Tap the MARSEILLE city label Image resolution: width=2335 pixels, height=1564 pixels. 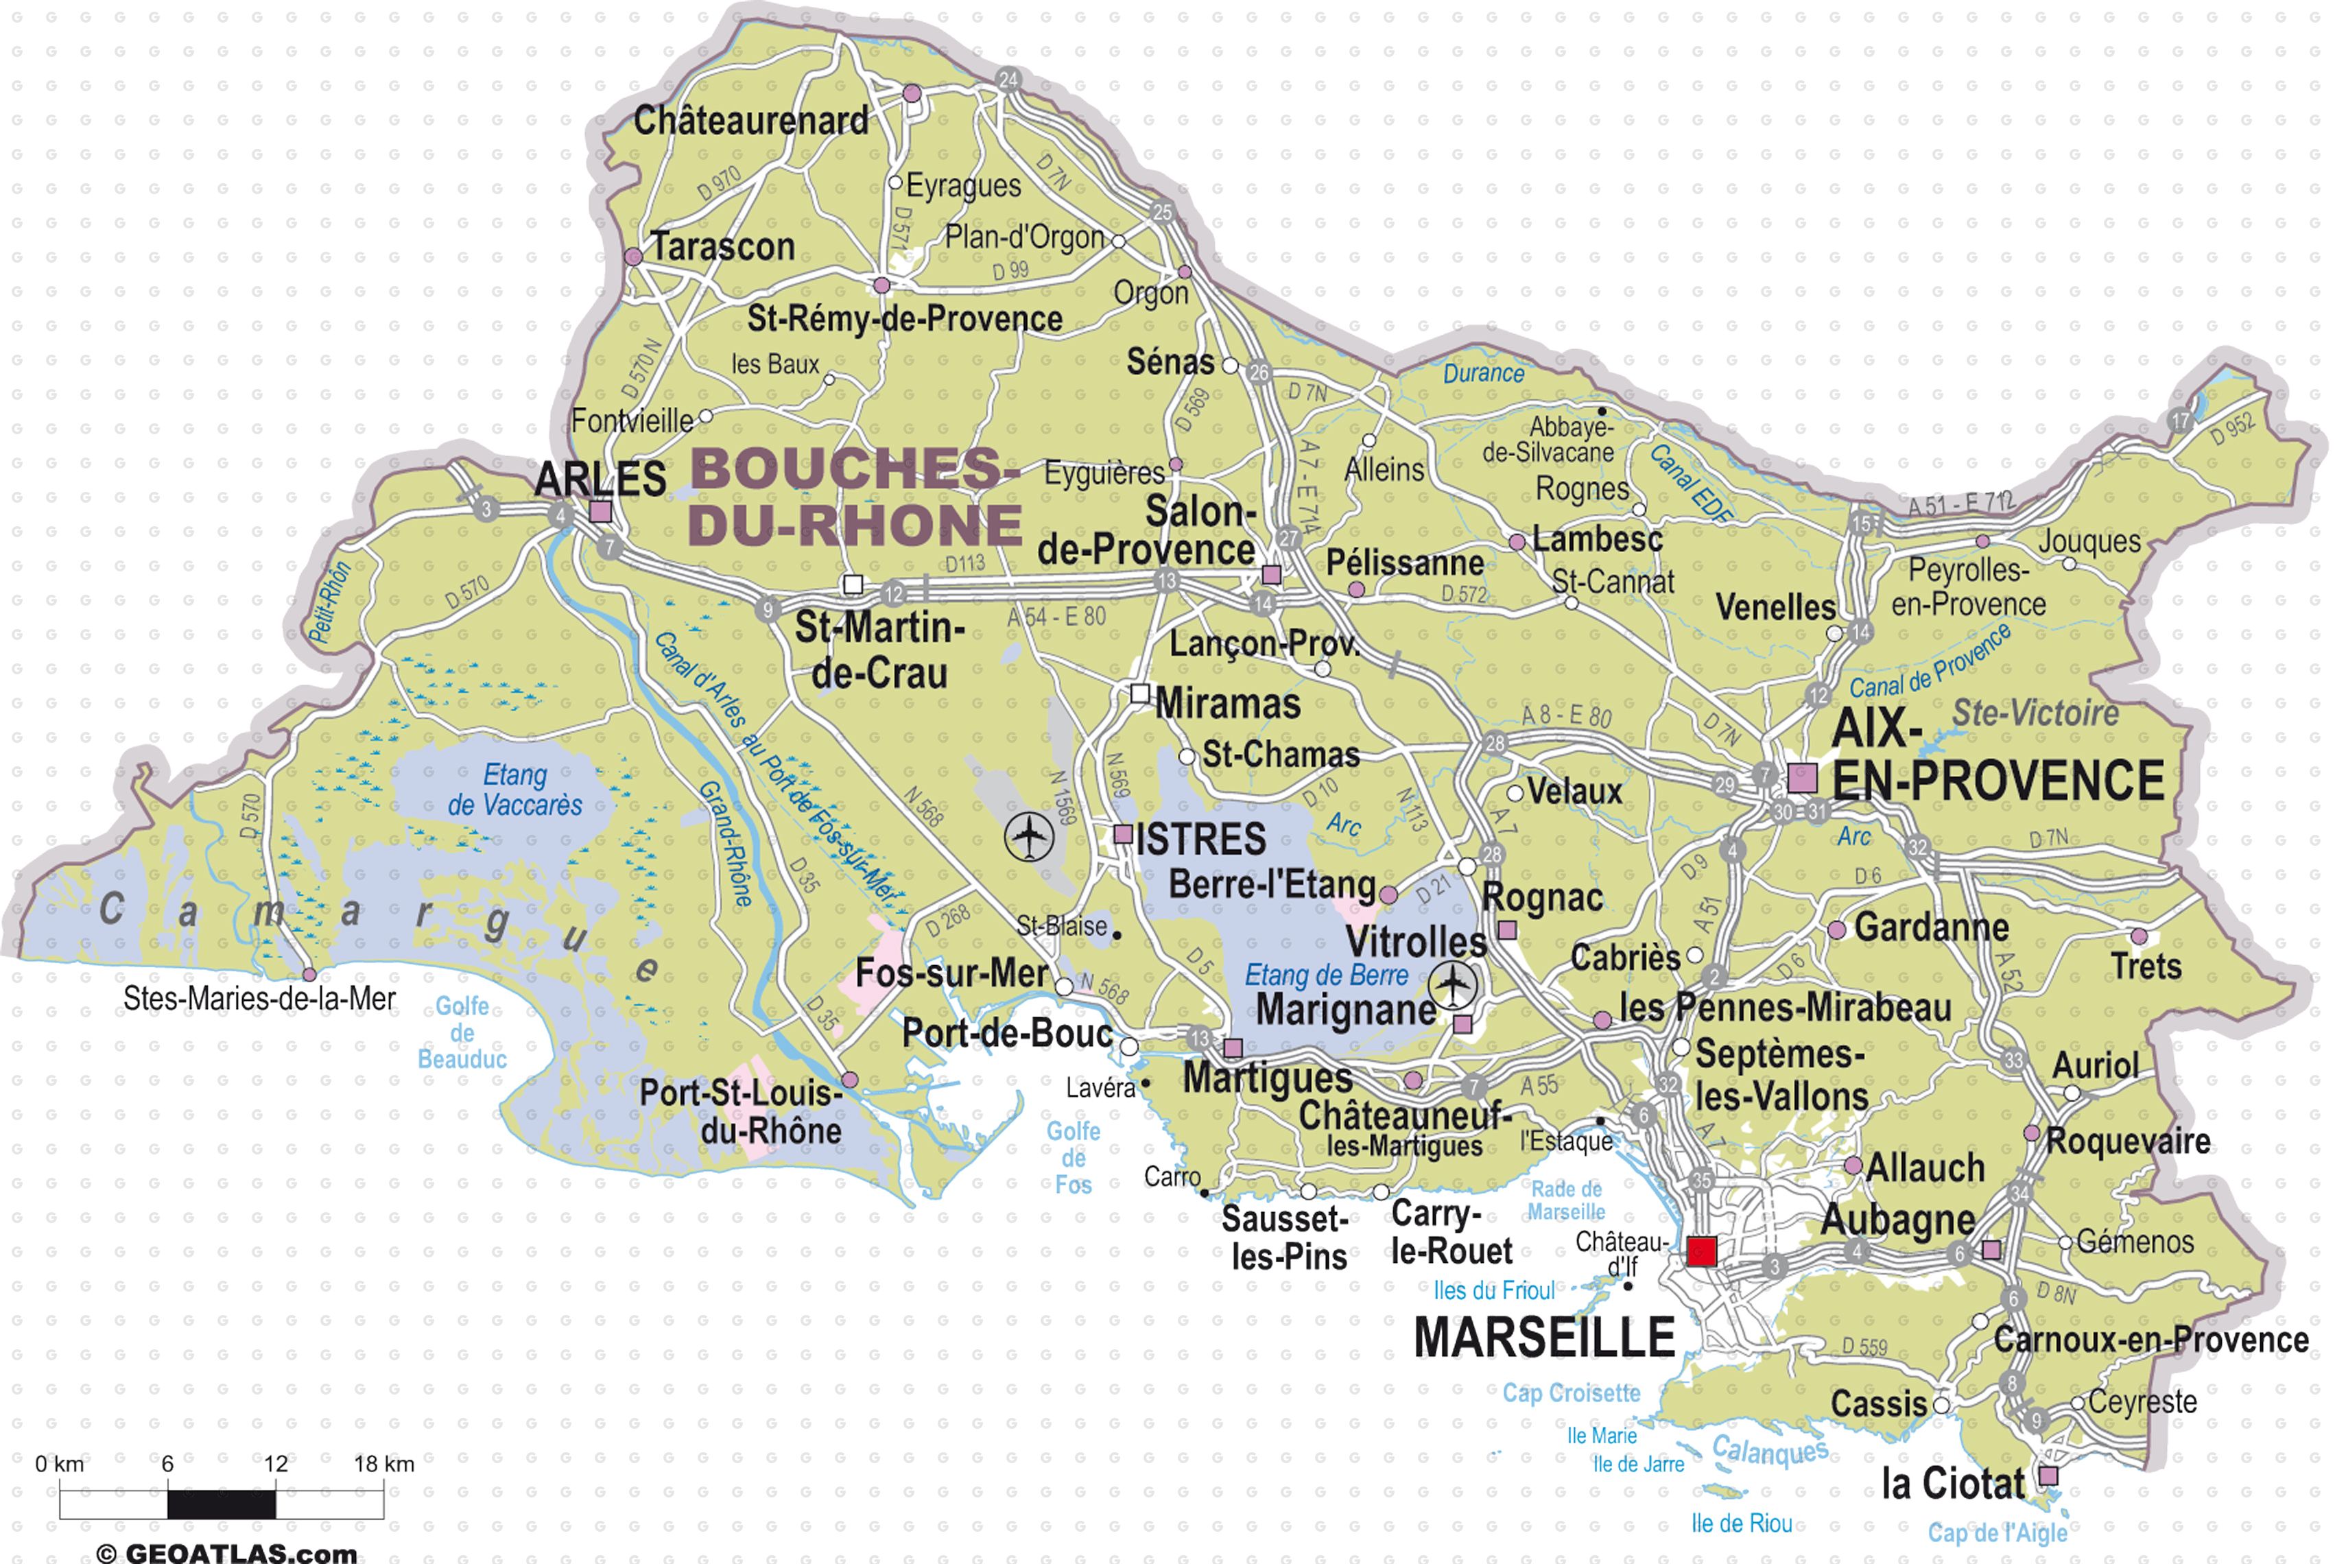pos(1544,1338)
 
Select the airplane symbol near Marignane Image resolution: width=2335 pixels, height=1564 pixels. pos(1454,986)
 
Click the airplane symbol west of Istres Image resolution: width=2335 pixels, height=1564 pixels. pos(1028,836)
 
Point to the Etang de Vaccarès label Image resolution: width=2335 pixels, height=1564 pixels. pos(514,790)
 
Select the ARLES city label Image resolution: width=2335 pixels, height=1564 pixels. pos(600,479)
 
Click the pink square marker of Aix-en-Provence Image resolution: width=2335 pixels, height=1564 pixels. pos(1801,777)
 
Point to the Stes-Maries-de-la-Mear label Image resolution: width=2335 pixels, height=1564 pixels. pos(259,999)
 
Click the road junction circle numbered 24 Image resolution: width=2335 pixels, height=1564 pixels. pos(1008,80)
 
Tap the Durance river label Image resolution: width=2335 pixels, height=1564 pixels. pos(1483,373)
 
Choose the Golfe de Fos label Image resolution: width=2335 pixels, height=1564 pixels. pos(1074,1158)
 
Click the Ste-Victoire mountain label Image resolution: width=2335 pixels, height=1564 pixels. pos(2035,713)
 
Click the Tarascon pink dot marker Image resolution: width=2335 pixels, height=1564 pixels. pos(633,257)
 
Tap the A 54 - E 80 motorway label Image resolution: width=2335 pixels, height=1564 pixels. pos(1056,617)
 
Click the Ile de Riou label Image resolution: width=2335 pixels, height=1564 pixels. pos(1742,1523)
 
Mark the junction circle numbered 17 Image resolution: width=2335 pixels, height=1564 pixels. pos(2181,420)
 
